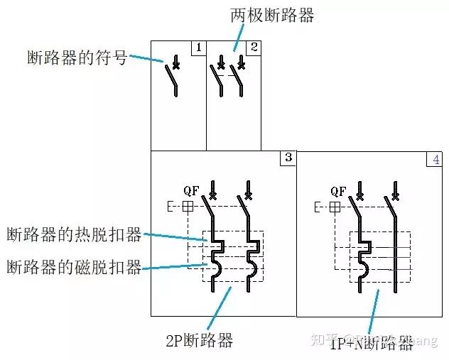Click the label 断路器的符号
(x=76, y=58)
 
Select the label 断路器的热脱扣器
(x=74, y=234)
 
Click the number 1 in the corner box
(x=198, y=48)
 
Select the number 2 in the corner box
(x=253, y=48)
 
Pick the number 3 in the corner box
(x=288, y=158)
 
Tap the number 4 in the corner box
(x=436, y=159)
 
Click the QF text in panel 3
(x=190, y=190)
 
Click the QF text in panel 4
(x=338, y=190)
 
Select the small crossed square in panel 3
(x=188, y=207)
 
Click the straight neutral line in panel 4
(x=394, y=256)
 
